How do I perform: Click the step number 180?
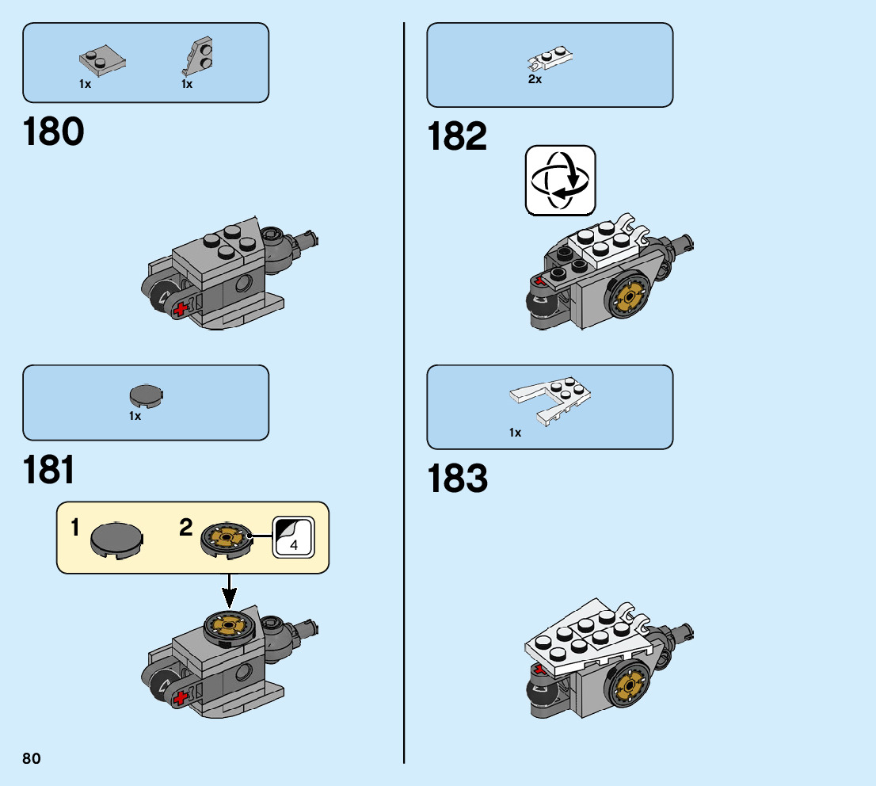[x=54, y=132]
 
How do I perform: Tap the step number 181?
[x=49, y=469]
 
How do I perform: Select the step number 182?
[x=457, y=136]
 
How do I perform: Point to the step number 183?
[x=457, y=479]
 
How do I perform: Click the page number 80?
[x=32, y=759]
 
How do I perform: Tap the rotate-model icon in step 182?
[x=560, y=180]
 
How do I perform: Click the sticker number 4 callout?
[x=293, y=538]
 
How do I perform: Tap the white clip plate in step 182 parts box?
[x=550, y=59]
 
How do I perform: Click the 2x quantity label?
[x=535, y=79]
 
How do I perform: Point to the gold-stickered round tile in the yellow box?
[x=226, y=538]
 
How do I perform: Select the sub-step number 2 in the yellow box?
[x=186, y=528]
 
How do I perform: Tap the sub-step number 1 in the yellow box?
[x=74, y=528]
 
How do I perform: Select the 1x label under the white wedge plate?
[x=515, y=433]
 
